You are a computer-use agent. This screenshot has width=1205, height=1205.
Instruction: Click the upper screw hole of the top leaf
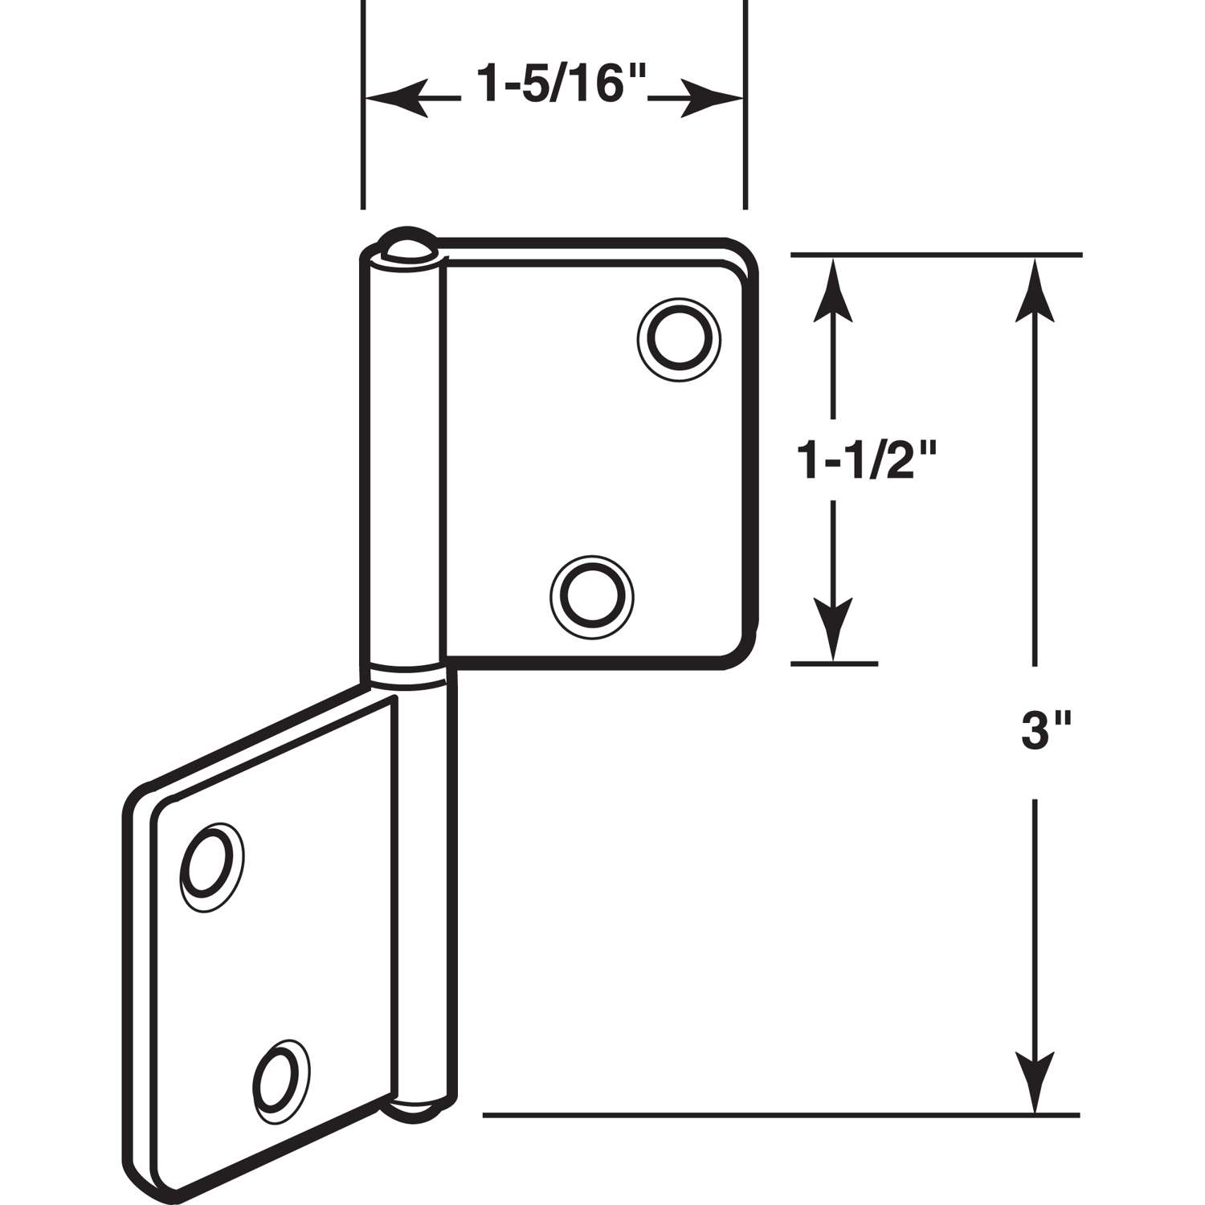[x=677, y=338]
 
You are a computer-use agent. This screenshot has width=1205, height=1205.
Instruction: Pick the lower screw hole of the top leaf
[x=592, y=596]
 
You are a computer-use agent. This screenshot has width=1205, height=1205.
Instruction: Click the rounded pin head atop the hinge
[x=407, y=246]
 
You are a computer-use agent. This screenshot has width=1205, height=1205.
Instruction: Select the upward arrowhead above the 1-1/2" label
[x=833, y=289]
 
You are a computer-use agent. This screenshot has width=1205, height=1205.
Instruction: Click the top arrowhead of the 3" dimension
[x=1035, y=289]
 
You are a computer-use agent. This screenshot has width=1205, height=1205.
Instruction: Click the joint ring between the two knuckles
[x=406, y=675]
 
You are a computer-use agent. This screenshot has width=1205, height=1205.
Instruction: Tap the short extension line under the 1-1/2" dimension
[x=835, y=664]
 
